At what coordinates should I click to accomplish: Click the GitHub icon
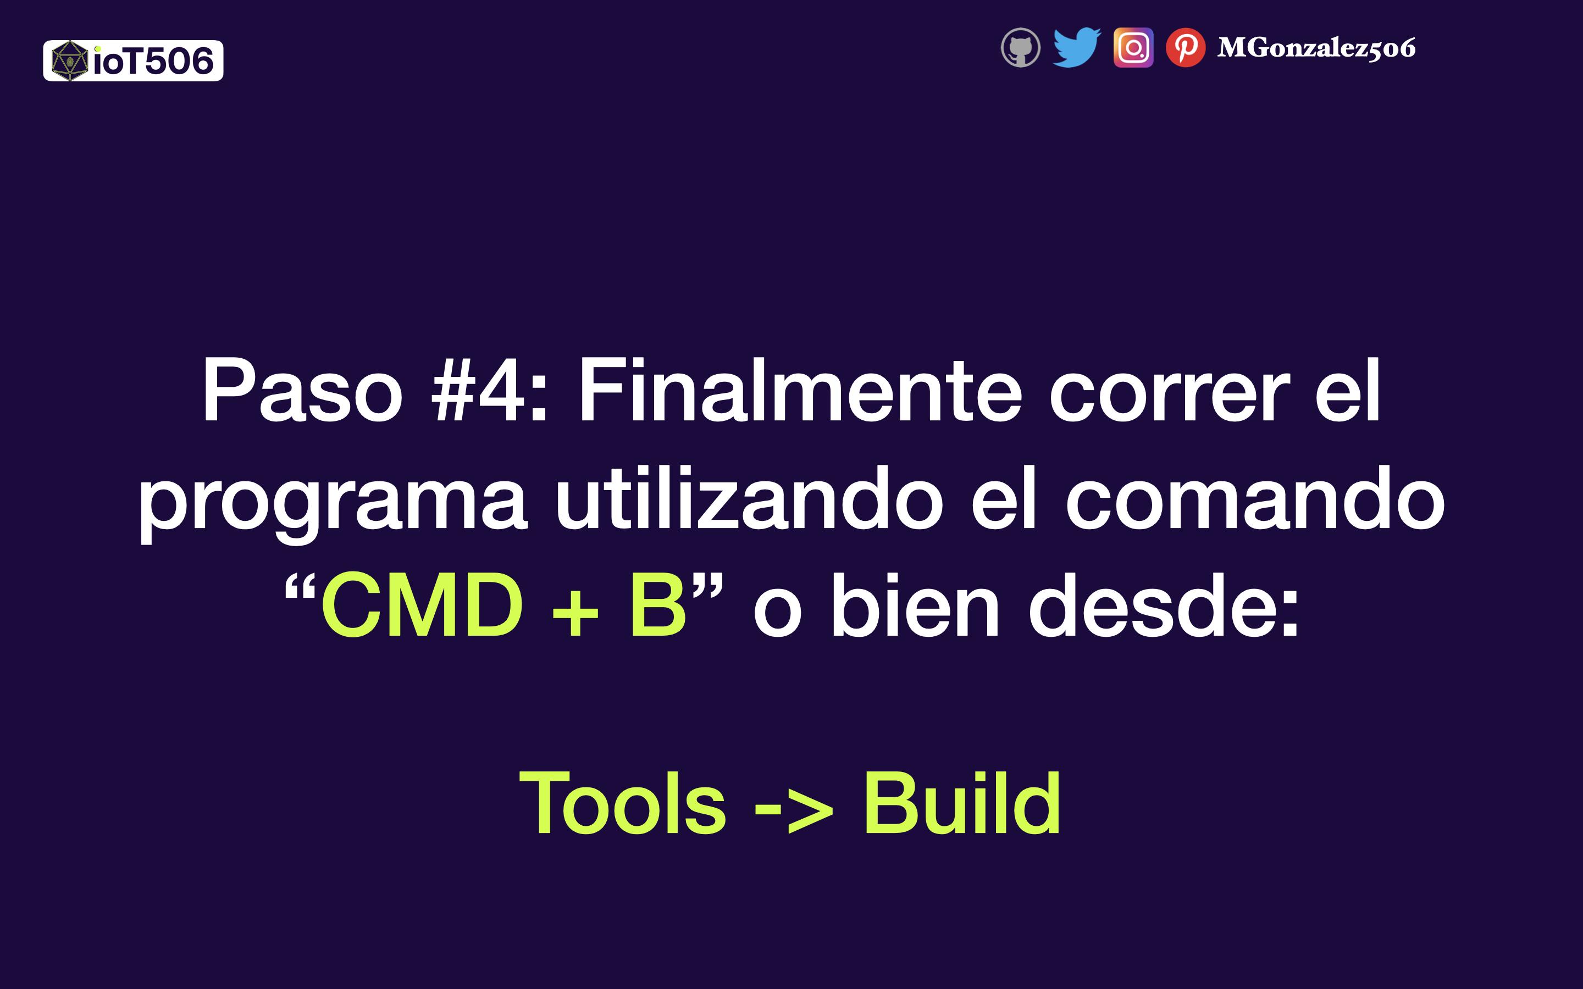pos(1021,48)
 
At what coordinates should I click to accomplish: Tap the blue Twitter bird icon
pos(1077,47)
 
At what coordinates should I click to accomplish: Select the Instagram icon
pos(1133,48)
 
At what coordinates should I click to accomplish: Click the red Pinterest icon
pos(1185,48)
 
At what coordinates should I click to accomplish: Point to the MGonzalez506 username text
pos(1316,48)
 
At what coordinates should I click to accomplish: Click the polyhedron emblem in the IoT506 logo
pos(69,61)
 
